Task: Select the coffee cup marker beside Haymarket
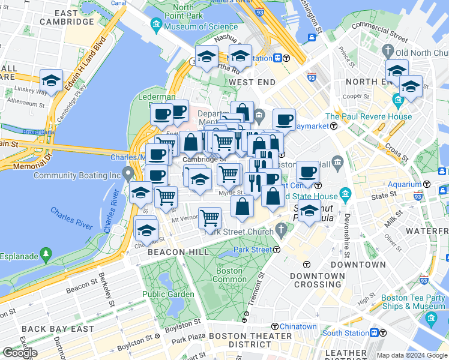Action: click(x=284, y=119)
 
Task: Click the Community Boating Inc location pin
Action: click(x=127, y=175)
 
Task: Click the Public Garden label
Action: click(x=168, y=294)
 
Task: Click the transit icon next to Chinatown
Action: click(x=274, y=326)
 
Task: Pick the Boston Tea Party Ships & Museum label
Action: click(x=413, y=301)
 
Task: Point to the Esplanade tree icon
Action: click(x=46, y=255)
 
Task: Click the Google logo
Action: click(x=19, y=352)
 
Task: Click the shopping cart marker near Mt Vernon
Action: click(x=209, y=217)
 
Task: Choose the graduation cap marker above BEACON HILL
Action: click(x=146, y=229)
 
